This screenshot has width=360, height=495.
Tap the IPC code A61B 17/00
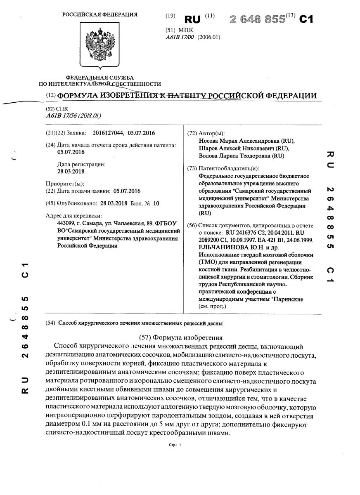tap(180, 37)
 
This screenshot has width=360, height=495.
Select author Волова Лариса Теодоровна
tap(235, 156)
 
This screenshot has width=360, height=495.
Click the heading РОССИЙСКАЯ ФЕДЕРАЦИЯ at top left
tap(100, 15)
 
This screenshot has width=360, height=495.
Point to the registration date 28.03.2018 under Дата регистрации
tap(71, 172)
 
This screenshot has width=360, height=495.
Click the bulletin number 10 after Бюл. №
tap(156, 203)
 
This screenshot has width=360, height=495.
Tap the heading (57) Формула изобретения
tap(179, 337)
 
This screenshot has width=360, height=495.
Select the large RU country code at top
tap(192, 19)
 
